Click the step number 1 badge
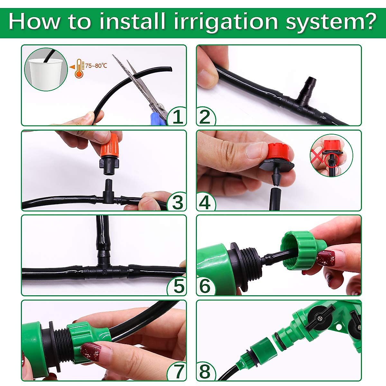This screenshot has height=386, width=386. click(x=177, y=116)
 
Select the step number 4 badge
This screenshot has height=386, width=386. click(x=205, y=202)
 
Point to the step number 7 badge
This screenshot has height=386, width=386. click(x=177, y=372)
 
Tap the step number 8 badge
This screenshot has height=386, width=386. click(x=205, y=372)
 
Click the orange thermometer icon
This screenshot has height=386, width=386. click(x=78, y=68)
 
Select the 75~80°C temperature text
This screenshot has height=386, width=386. click(x=96, y=66)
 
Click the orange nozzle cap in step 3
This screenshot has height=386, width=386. click(x=110, y=146)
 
